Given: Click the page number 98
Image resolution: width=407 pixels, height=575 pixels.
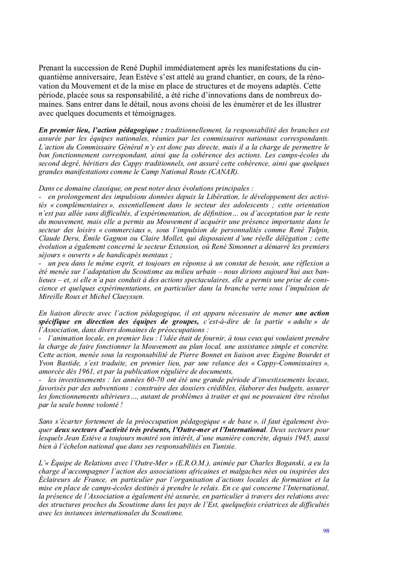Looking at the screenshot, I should pos(326,531).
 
